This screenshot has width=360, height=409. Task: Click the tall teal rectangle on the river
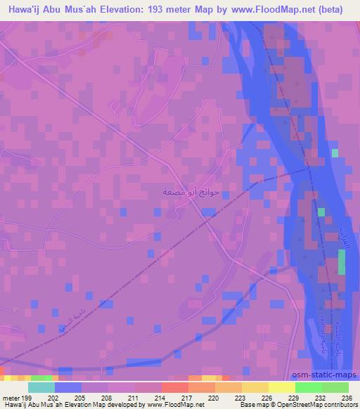click(x=342, y=261)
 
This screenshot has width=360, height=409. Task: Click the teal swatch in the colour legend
click(x=41, y=387)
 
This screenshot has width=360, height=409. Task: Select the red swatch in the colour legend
click(x=175, y=387)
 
